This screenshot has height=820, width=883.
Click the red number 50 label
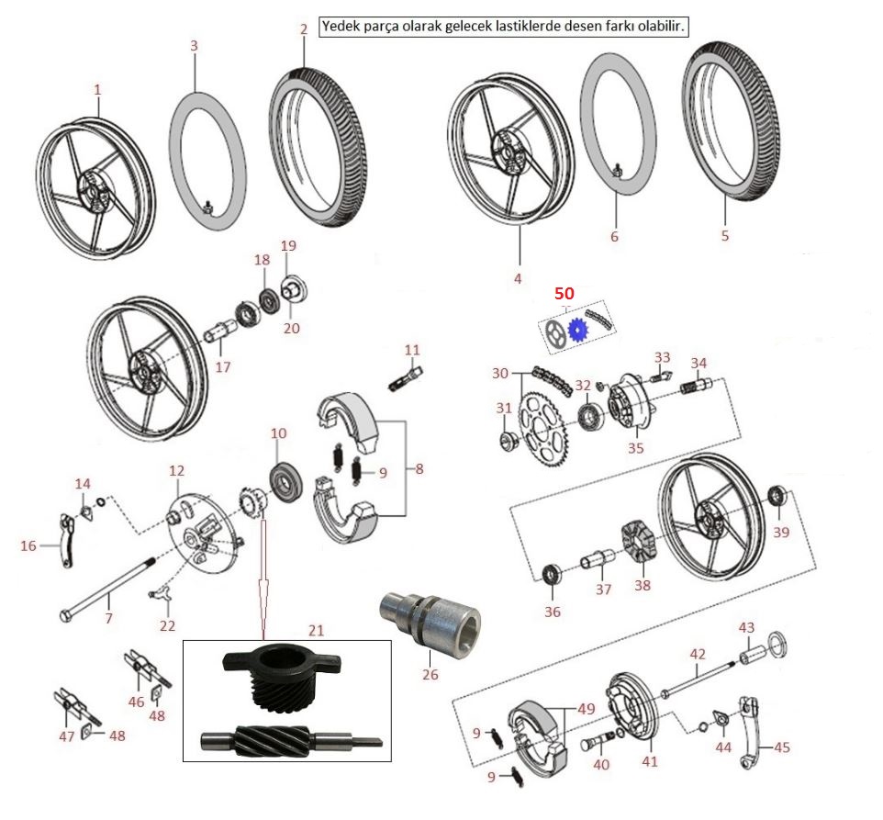click(x=563, y=293)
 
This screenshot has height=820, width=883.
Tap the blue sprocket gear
click(x=577, y=330)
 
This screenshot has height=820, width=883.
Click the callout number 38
click(x=642, y=583)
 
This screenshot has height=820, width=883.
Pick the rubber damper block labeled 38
click(x=641, y=542)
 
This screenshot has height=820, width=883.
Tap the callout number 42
click(x=698, y=654)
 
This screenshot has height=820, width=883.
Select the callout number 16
click(x=29, y=545)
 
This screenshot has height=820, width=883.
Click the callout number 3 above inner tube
click(x=194, y=45)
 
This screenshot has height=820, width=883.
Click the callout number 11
click(x=412, y=350)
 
